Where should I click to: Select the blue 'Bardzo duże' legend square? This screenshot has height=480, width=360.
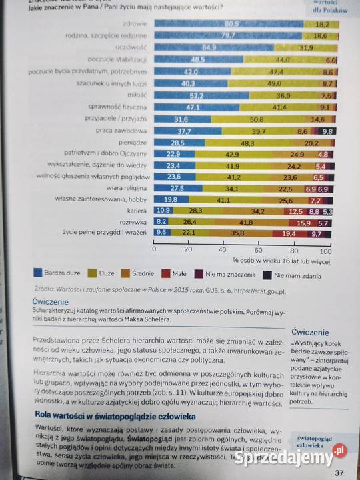click(x=38, y=272)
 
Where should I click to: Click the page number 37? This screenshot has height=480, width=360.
click(x=339, y=473)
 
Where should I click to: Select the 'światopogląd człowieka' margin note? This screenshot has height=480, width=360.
click(x=315, y=442)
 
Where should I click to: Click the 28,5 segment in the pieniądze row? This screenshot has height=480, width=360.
click(x=177, y=143)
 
